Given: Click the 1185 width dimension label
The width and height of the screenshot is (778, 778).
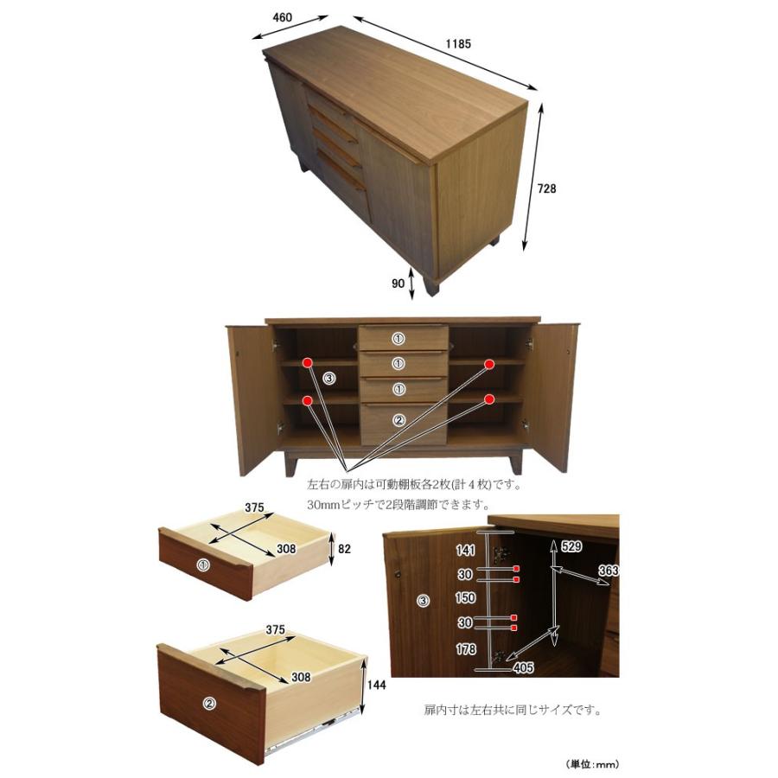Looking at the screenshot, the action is pyautogui.click(x=457, y=44).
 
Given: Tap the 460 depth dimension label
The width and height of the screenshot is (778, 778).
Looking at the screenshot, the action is pyautogui.click(x=283, y=17).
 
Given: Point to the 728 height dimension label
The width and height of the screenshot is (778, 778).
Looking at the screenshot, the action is pyautogui.click(x=546, y=188).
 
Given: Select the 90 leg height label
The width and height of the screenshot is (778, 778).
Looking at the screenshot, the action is pyautogui.click(x=398, y=284).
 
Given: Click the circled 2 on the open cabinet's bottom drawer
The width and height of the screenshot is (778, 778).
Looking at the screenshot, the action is pyautogui.click(x=399, y=420).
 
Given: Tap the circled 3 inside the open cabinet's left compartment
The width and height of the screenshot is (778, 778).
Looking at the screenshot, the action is pyautogui.click(x=329, y=379).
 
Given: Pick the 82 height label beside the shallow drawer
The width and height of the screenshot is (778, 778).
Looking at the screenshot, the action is pyautogui.click(x=344, y=549).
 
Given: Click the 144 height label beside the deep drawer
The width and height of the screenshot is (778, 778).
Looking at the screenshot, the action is pyautogui.click(x=376, y=686).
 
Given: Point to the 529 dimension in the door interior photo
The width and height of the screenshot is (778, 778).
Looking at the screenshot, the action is pyautogui.click(x=571, y=546).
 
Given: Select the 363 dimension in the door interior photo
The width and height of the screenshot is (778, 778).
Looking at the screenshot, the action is pyautogui.click(x=609, y=571).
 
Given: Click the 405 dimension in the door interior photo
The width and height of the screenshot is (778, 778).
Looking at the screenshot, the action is pyautogui.click(x=523, y=668).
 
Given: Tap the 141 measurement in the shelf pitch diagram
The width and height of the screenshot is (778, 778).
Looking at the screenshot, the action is pyautogui.click(x=465, y=550).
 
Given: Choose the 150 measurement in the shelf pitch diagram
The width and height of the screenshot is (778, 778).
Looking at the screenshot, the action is pyautogui.click(x=465, y=597).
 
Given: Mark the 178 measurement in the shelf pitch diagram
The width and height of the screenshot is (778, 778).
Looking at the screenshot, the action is pyautogui.click(x=465, y=649).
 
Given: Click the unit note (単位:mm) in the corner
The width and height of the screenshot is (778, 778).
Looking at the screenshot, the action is pyautogui.click(x=592, y=765).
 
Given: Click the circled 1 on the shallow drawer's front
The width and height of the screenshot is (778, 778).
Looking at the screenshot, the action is pyautogui.click(x=203, y=564).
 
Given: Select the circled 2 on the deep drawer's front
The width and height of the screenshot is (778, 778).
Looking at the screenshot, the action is pyautogui.click(x=210, y=703).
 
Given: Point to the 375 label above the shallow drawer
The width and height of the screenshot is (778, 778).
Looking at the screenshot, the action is pyautogui.click(x=254, y=508).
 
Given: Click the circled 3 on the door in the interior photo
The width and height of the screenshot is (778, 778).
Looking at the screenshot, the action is pyautogui.click(x=423, y=602).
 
